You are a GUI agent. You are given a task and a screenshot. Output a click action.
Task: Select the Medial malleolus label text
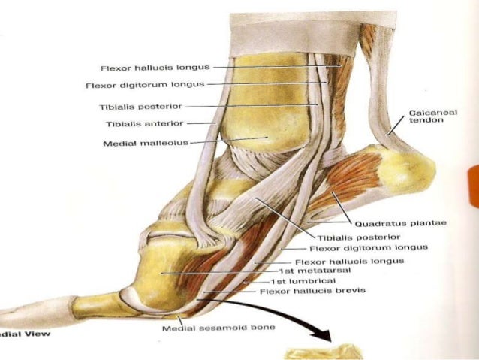(148, 141)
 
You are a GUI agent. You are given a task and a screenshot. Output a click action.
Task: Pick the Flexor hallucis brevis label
(312, 291)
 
